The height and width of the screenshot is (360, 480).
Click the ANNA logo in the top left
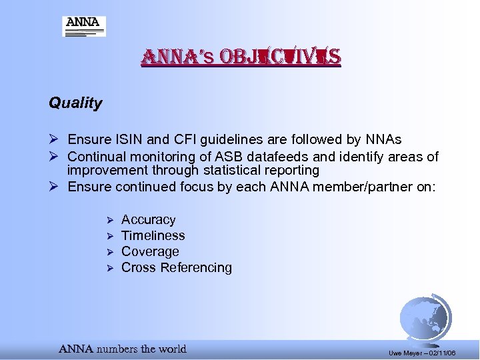tap(84, 26)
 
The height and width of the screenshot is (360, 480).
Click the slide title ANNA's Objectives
tap(240, 58)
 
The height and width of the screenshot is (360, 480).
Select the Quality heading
tap(75, 103)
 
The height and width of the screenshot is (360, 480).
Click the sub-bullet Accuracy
tap(148, 220)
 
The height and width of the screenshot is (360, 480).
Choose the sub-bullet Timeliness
tap(153, 236)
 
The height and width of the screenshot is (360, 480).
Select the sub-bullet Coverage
tap(150, 252)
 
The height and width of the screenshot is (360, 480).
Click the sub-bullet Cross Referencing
tap(176, 268)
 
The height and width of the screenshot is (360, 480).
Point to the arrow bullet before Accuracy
tap(111, 220)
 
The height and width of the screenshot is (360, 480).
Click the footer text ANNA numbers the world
tap(123, 349)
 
